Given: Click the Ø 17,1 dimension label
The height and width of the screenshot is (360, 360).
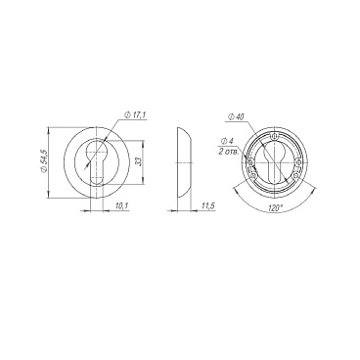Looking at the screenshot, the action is [135, 115].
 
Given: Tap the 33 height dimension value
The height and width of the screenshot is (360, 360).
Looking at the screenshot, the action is [138, 161].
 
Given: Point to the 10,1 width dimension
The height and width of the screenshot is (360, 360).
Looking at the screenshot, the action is [120, 205].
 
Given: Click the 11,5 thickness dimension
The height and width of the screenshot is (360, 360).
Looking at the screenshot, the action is [207, 205].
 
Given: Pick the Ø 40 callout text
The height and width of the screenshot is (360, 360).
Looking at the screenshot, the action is [236, 116].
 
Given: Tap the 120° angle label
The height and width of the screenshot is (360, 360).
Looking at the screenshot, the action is [275, 207].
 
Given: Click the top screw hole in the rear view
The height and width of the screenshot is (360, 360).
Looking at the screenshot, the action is [276, 136].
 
